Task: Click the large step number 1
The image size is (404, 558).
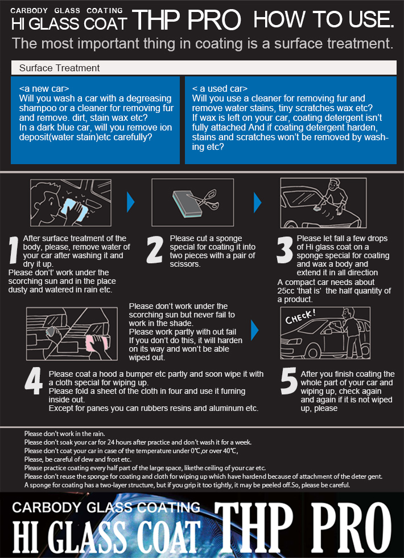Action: [14, 251]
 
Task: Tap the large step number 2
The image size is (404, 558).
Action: [155, 250]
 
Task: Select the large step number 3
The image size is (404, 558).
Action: [285, 250]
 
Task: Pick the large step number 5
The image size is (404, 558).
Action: [288, 381]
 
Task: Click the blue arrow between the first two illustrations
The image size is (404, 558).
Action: [131, 202]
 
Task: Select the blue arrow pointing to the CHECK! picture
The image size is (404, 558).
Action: [254, 330]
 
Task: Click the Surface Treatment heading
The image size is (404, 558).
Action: [59, 68]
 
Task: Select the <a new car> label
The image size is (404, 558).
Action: [44, 88]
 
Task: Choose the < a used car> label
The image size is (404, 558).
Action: [220, 88]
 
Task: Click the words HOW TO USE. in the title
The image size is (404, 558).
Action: [324, 20]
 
